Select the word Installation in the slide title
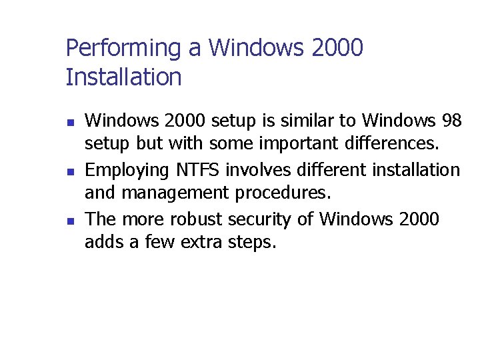point(123,78)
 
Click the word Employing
point(119,171)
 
